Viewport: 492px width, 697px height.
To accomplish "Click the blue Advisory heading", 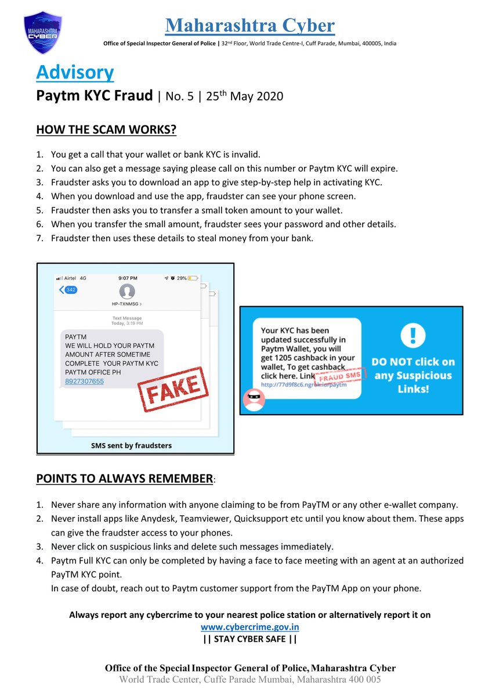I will click(75, 73).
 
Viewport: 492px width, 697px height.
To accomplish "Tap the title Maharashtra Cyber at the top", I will click(249, 26).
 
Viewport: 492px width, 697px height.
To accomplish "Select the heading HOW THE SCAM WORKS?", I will click(106, 130).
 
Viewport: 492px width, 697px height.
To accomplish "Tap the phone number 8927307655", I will click(85, 381).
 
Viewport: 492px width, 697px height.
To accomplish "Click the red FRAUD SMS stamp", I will click(341, 376).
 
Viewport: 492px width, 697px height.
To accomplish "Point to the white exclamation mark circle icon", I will click(413, 335).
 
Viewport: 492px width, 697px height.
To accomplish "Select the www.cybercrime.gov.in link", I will click(250, 627).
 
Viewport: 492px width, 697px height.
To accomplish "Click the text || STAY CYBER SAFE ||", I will click(250, 639).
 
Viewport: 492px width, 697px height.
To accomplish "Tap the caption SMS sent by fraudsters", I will click(131, 445).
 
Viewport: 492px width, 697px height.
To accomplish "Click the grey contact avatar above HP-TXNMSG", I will click(126, 292).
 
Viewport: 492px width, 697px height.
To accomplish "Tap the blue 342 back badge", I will click(69, 290).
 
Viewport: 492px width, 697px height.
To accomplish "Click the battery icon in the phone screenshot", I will click(193, 278).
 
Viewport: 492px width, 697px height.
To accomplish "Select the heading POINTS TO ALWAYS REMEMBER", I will click(125, 479).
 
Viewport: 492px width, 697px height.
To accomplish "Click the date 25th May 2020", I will click(244, 96).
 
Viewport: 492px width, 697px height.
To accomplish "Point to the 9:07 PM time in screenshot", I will click(126, 278).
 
